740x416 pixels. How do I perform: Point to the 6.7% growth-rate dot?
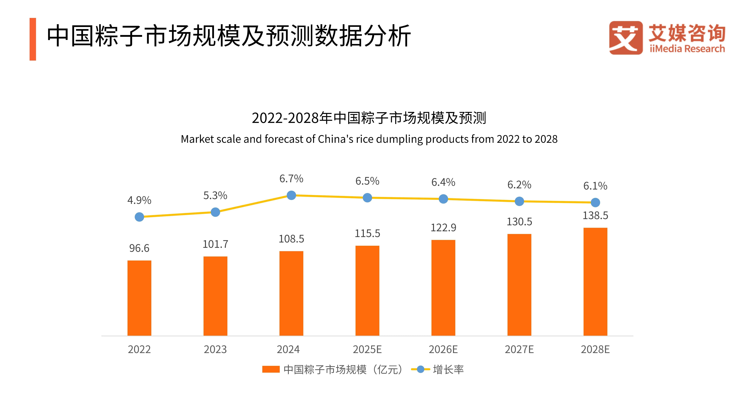coord(291,195)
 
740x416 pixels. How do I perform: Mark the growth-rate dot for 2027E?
coord(519,201)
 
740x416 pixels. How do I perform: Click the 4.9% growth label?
coord(139,200)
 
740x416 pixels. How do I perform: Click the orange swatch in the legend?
coord(271,369)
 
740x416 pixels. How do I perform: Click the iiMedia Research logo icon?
coord(626,38)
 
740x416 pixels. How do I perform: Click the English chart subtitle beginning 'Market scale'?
coord(369,139)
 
